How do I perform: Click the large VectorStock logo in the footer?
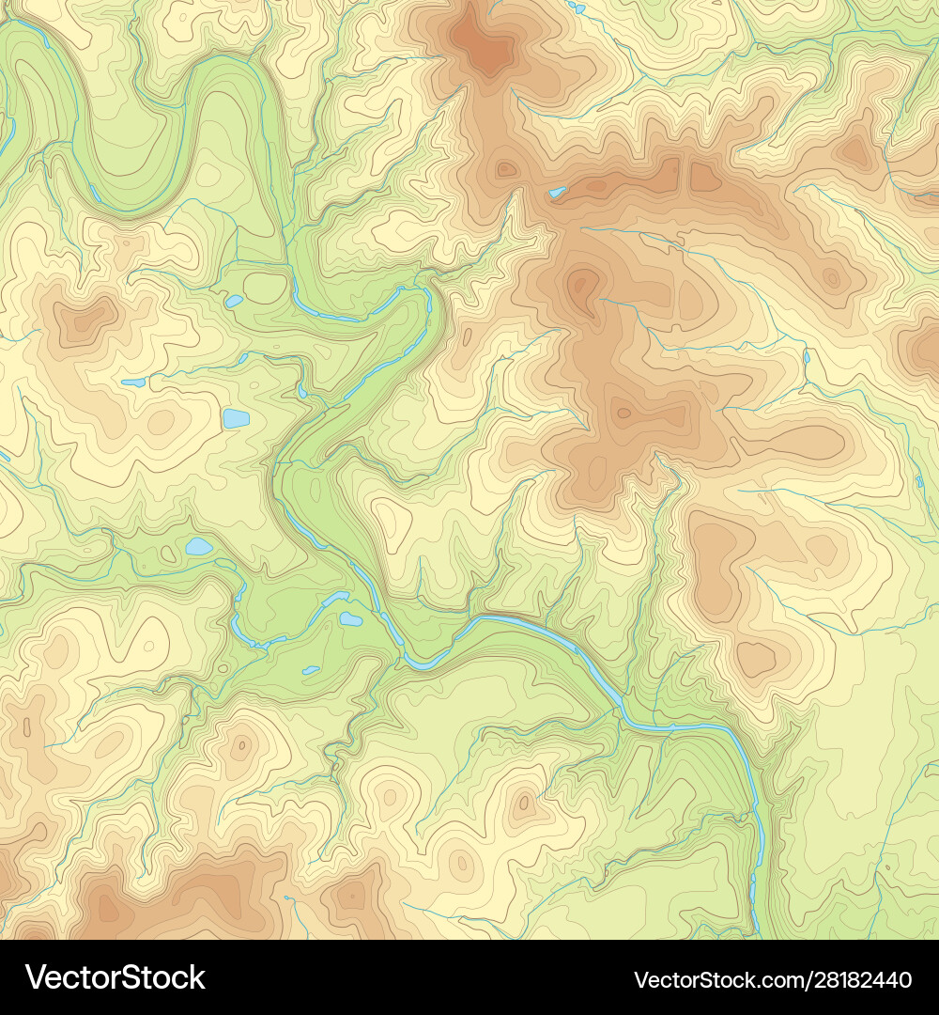115,977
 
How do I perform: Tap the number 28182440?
855,979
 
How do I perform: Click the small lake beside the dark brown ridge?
558,193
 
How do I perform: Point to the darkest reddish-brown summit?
484,47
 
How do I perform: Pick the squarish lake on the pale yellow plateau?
236,418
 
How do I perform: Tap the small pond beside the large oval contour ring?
233,302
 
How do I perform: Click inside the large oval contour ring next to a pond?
265,288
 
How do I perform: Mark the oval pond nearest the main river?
350,618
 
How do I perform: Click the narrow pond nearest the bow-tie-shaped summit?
133,383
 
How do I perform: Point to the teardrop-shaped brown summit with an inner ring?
583,282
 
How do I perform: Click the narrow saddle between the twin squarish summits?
685,176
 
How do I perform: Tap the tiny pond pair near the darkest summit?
576,8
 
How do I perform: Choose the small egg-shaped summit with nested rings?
460,862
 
